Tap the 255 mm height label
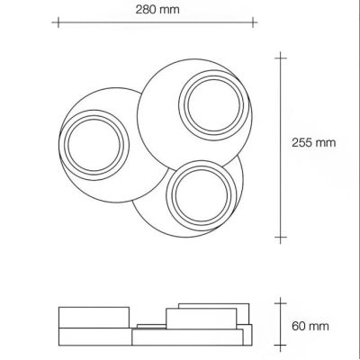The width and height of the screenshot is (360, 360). [312, 142]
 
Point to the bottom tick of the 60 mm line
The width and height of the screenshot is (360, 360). [281, 346]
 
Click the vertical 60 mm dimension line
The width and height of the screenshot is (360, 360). [281, 324]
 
